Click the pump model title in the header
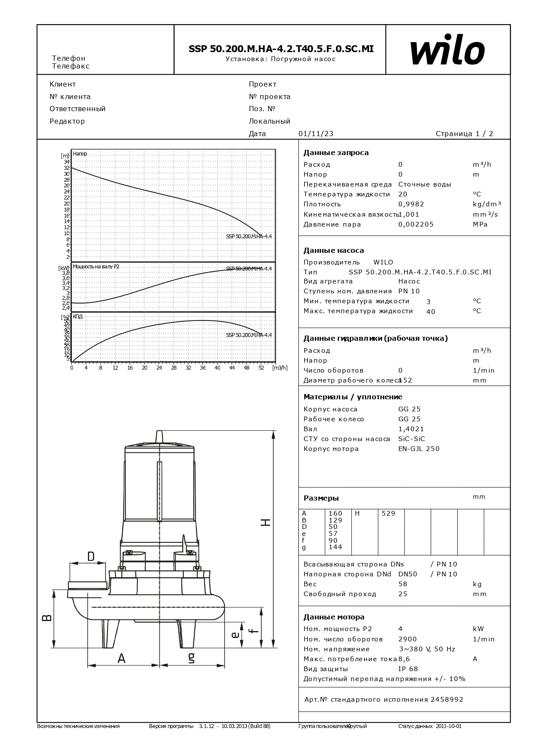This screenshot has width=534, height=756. [x=281, y=49]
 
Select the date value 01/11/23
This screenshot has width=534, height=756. [x=316, y=134]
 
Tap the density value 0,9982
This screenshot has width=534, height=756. [x=412, y=204]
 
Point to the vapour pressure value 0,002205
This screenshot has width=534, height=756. [x=416, y=224]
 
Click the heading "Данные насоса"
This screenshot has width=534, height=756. [x=333, y=250]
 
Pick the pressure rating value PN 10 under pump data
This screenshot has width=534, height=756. [x=409, y=291]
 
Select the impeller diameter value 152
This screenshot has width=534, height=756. [x=406, y=380]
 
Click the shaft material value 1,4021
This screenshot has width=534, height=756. [x=411, y=429]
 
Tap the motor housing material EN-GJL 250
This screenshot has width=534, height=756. [x=419, y=449]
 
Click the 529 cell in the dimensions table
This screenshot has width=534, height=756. [x=388, y=513]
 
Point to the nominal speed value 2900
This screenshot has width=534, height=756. [x=407, y=639]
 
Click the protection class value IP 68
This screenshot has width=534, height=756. [x=408, y=669]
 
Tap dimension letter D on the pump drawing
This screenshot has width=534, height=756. [x=91, y=556]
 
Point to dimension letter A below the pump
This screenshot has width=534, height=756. [x=121, y=659]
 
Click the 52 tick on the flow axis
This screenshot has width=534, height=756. [x=261, y=368]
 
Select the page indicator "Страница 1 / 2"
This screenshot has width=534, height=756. [x=464, y=134]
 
